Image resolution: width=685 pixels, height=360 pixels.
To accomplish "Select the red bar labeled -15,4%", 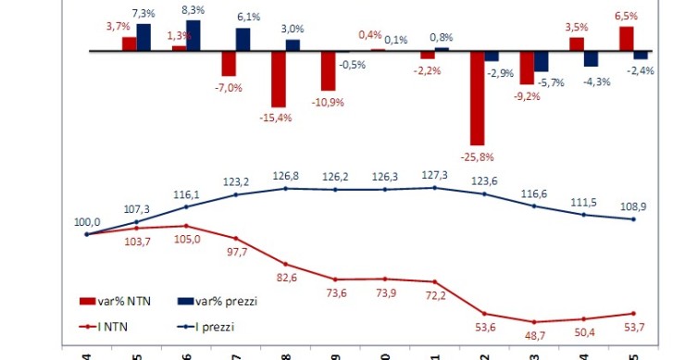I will click(279, 79).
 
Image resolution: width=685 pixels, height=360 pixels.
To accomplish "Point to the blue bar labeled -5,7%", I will click(542, 61).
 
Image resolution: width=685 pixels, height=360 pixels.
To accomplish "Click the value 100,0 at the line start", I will click(87, 221).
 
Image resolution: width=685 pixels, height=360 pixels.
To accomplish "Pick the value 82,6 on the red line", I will click(284, 279).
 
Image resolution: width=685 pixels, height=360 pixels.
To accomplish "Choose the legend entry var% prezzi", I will click(216, 301).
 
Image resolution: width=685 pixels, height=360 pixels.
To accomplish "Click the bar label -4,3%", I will click(597, 81).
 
